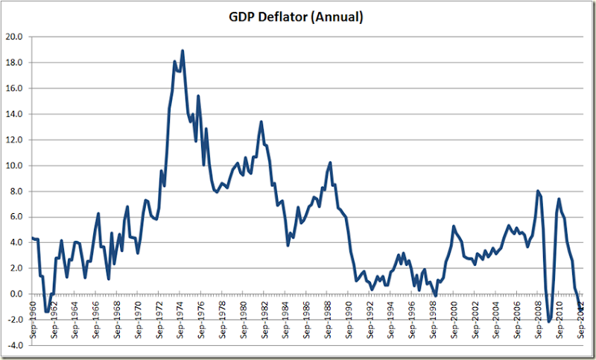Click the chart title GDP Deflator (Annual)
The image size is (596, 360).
(x=297, y=16)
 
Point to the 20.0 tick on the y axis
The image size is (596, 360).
(x=16, y=37)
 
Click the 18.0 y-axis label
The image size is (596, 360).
(x=16, y=63)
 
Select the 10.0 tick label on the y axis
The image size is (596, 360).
(x=16, y=165)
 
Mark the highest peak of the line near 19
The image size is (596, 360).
(x=183, y=51)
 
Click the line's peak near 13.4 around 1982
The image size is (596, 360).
(x=261, y=121)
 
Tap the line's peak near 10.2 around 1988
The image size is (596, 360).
(x=329, y=162)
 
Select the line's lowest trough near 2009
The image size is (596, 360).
(x=549, y=321)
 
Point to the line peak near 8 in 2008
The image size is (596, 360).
(x=538, y=191)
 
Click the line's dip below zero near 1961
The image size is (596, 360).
(x=46, y=312)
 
